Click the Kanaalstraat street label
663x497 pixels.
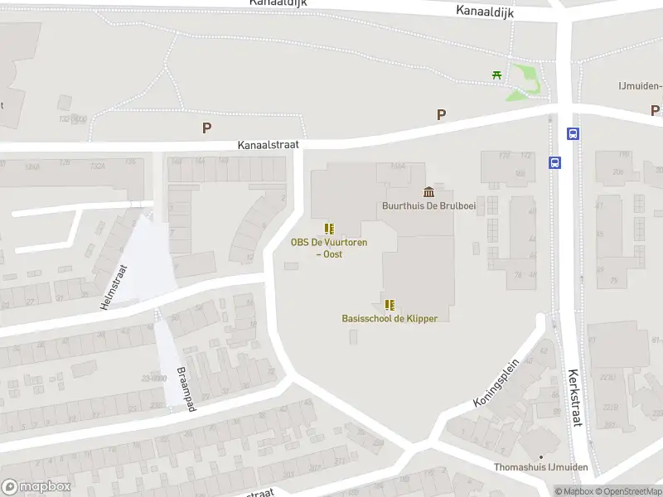click(268, 144)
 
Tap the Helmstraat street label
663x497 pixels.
click(115, 287)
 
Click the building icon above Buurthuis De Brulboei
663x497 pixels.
click(428, 192)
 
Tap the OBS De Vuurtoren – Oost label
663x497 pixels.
click(329, 248)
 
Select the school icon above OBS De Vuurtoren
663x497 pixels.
click(329, 228)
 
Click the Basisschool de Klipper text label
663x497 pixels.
click(390, 318)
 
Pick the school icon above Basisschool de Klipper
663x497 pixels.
click(390, 304)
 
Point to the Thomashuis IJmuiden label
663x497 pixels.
click(541, 468)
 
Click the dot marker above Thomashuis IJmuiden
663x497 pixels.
click(541, 456)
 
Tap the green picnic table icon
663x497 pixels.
click(497, 75)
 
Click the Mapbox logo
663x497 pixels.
click(36, 486)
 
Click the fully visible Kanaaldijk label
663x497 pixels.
click(484, 11)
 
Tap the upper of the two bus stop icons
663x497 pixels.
click(573, 133)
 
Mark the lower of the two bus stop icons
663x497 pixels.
click(554, 162)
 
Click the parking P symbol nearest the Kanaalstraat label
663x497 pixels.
click(206, 128)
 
